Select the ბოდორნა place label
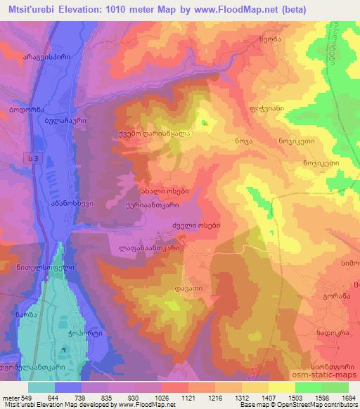click(27, 111)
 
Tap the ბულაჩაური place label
click(65, 121)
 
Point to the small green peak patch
click(205, 124)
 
